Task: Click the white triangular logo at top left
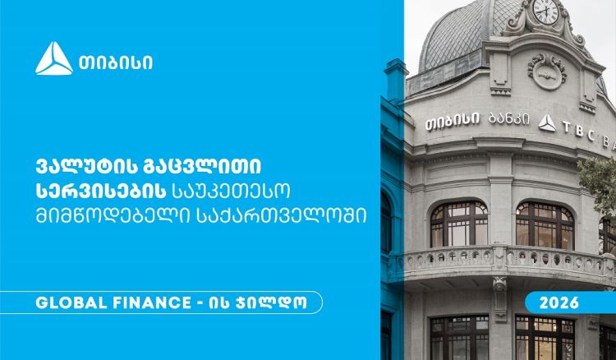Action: (53, 58)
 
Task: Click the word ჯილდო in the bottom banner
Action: (275, 303)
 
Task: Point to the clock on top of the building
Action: (545, 12)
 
